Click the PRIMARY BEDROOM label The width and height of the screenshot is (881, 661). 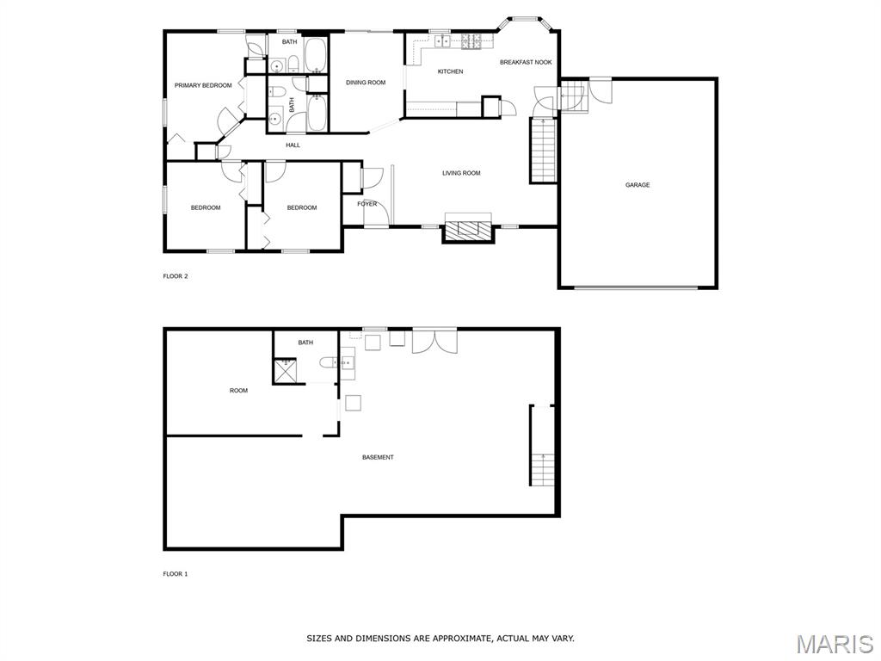point(203,85)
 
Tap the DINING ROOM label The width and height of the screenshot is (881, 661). point(365,83)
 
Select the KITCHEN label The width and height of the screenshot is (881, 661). point(450,71)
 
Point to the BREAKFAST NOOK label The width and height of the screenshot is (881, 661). point(526,62)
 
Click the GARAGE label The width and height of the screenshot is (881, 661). point(638,185)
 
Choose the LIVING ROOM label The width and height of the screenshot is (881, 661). point(461,173)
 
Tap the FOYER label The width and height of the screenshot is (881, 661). point(367,204)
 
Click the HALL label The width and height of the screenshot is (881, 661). point(293,145)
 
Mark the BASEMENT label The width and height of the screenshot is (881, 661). point(378,458)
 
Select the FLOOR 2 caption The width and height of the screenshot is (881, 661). point(176,276)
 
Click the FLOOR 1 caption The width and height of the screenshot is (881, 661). point(176,574)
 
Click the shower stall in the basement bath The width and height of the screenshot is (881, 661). point(286,370)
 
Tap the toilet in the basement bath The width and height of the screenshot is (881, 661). point(328,363)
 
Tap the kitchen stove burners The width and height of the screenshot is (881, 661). point(471,40)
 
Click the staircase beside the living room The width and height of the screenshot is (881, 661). point(544,151)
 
